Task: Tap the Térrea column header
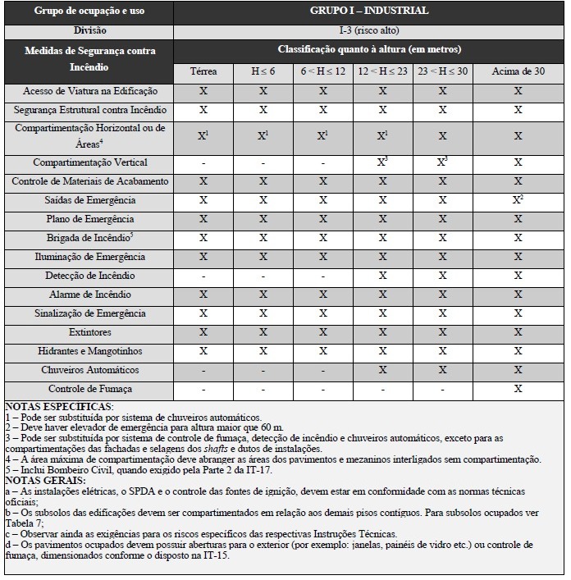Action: (x=203, y=72)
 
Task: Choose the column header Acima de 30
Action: (x=518, y=72)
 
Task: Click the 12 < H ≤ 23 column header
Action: (x=382, y=72)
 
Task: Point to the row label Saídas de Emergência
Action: (x=90, y=200)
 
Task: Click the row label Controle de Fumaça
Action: (x=90, y=389)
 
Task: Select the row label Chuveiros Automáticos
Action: (x=90, y=370)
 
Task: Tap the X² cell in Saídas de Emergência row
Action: (x=518, y=200)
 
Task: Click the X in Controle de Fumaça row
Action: (x=518, y=389)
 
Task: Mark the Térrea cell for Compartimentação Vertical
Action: (x=203, y=163)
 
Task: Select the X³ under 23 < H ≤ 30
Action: (x=442, y=162)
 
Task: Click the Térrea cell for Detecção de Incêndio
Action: (x=203, y=276)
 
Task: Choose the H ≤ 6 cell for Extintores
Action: (x=263, y=332)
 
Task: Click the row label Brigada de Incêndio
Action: (x=90, y=238)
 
